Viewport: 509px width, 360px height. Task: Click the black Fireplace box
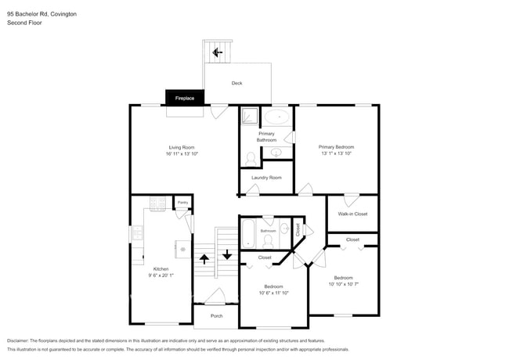tap(185, 99)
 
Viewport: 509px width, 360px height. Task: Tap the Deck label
tap(236, 83)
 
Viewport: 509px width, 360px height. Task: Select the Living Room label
tap(182, 147)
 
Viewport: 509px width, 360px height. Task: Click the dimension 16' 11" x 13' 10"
tap(182, 154)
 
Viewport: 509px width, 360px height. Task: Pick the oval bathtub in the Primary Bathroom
tap(276, 117)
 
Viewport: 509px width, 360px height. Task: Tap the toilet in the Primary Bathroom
tap(251, 159)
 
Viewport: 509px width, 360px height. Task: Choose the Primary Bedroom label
tap(336, 147)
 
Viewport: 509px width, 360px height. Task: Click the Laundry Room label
tap(266, 178)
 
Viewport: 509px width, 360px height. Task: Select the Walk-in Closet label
tap(352, 214)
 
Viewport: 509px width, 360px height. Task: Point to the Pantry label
tap(182, 203)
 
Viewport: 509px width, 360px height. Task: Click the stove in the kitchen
tap(156, 205)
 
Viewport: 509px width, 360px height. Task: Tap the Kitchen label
tap(161, 268)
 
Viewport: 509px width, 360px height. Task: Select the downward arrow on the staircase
tap(227, 254)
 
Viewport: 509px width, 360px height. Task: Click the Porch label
tap(217, 315)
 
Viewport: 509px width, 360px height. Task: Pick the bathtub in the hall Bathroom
tap(248, 232)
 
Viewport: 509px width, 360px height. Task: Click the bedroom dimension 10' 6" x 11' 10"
tap(274, 293)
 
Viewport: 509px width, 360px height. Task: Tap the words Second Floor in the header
tap(24, 23)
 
